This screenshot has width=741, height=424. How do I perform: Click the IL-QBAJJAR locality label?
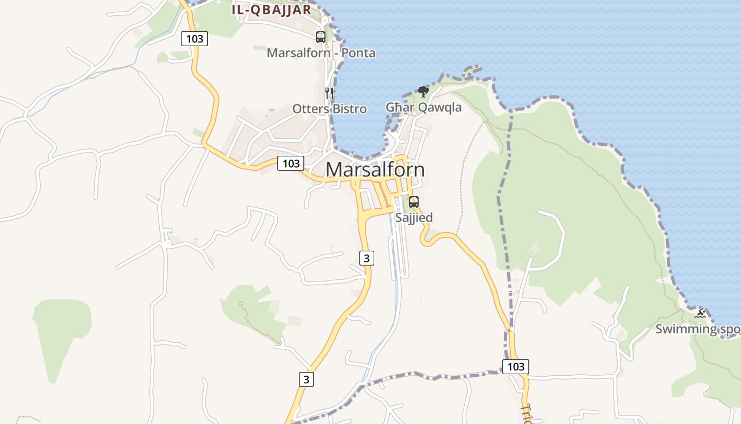[271, 10]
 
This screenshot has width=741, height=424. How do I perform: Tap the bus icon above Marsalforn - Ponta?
[321, 37]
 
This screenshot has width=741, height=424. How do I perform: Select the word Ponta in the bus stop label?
[358, 53]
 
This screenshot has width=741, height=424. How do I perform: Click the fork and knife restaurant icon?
[329, 93]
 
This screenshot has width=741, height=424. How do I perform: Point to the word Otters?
[311, 109]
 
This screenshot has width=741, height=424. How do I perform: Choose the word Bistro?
[349, 109]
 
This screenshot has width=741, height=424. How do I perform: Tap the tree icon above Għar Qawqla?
[423, 92]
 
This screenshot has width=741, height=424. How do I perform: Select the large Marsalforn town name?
[375, 170]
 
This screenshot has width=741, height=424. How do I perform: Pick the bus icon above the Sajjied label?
[414, 202]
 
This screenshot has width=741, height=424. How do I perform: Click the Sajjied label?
[414, 217]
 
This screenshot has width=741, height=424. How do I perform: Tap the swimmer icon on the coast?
[700, 314]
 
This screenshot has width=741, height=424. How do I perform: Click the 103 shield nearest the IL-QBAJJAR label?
[194, 38]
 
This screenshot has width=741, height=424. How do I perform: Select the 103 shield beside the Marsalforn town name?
[291, 163]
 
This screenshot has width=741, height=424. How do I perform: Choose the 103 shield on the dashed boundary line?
[516, 366]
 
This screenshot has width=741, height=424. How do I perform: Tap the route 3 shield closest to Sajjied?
[366, 258]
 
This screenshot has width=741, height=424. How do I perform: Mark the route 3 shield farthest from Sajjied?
[306, 379]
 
